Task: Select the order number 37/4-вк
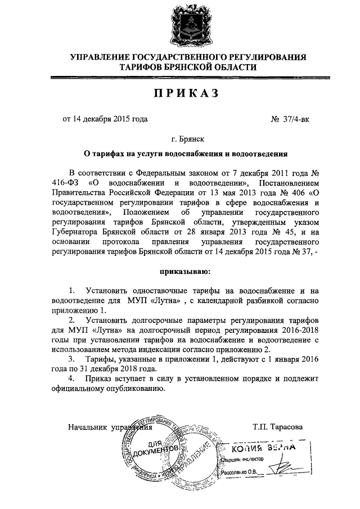tap(290, 119)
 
